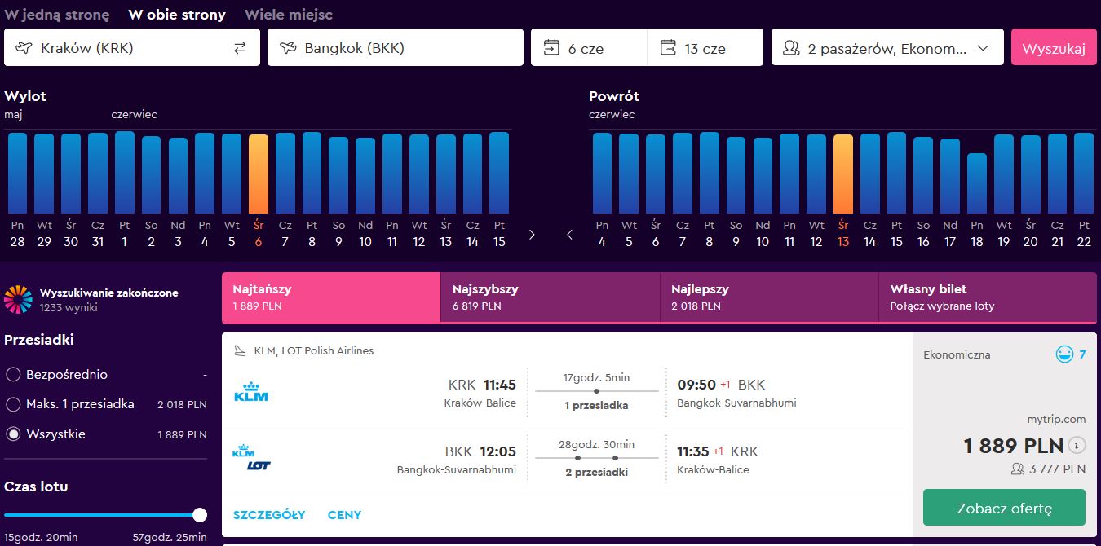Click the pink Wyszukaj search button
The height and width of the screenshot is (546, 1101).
point(1054,47)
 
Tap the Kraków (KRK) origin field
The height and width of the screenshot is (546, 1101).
point(132,47)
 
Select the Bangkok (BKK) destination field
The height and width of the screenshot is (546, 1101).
point(396,47)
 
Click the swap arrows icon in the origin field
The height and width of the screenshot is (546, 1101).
point(240,47)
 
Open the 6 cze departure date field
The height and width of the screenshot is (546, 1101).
point(589,47)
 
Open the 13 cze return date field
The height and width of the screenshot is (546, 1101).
point(705,47)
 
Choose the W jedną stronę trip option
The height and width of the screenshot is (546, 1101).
point(57,15)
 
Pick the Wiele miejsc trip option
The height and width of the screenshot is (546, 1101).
point(289,15)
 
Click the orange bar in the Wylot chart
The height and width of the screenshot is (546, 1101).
point(259,174)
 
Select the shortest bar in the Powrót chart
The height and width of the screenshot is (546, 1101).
point(977,183)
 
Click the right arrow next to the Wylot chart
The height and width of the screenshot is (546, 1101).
point(532,235)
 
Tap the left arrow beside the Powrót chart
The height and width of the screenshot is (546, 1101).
point(569,235)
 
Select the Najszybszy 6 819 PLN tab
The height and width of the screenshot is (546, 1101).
point(550,297)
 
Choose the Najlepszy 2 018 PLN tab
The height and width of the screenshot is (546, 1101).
point(769,297)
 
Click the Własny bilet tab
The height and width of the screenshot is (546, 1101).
point(988,297)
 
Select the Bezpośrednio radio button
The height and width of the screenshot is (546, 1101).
point(13,375)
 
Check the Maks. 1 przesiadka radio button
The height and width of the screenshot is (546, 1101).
point(13,404)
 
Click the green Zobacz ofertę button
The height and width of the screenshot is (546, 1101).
point(1004,508)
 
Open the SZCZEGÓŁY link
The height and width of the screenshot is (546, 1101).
point(269,515)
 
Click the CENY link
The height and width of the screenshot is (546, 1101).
point(344,515)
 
